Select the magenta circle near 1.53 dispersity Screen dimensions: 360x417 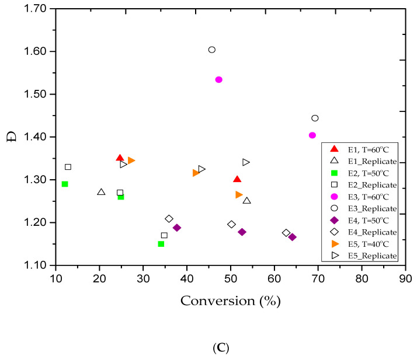coord(219,79)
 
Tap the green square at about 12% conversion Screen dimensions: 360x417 coord(65,184)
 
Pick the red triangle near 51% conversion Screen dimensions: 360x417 coord(237,179)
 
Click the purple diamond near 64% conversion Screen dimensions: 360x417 coord(293,237)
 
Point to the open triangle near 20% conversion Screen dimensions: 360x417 coord(101,192)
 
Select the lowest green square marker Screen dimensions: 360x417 coord(161,244)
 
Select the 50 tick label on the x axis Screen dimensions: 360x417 coord(231,278)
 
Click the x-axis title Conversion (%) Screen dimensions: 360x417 coord(230,301)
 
